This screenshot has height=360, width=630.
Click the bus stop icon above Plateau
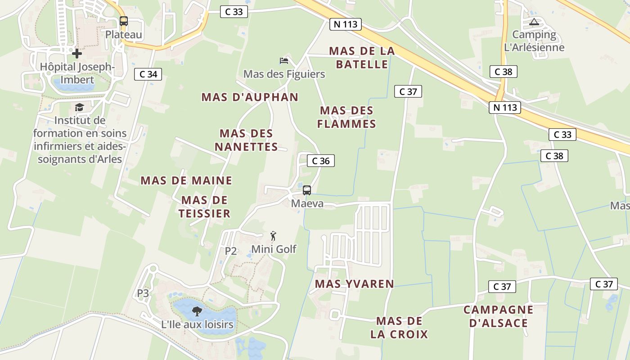[x=123, y=21]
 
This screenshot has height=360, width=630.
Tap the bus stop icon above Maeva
[x=307, y=190]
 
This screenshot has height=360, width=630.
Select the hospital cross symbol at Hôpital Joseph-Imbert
[x=77, y=54]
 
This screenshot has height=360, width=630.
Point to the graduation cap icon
[x=80, y=107]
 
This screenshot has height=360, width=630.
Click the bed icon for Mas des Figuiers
[x=284, y=60]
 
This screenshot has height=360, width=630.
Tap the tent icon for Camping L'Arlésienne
[x=534, y=22]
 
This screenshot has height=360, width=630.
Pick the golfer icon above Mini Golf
[x=273, y=236]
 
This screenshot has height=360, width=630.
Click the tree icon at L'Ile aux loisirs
[x=197, y=310]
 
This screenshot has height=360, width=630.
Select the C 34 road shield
[x=148, y=74]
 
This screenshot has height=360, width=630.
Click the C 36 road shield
[x=321, y=161]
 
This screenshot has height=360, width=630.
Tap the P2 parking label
[x=231, y=251]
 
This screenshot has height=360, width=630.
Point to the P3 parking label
[x=143, y=293]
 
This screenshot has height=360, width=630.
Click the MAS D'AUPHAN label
[x=250, y=97]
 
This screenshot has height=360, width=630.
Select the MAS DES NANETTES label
[x=246, y=140]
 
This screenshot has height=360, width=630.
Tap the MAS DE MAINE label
[x=186, y=180]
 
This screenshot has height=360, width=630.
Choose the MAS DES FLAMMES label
[x=346, y=117]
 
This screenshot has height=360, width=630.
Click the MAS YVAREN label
[x=355, y=284]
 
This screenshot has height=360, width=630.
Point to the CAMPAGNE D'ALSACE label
[x=499, y=316]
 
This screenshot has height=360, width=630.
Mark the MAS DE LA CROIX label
[x=399, y=328]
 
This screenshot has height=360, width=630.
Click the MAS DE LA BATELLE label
[x=362, y=58]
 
